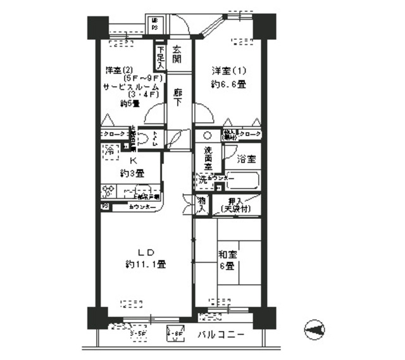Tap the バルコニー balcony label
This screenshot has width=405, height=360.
click(x=220, y=334)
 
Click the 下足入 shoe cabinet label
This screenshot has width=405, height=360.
click(x=161, y=57)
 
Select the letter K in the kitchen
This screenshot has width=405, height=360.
click(x=133, y=161)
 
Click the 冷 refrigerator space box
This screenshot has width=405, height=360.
click(x=109, y=151)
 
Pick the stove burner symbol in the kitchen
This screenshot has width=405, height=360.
click(x=108, y=190)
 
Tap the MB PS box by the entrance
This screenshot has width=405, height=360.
click(x=154, y=25)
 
